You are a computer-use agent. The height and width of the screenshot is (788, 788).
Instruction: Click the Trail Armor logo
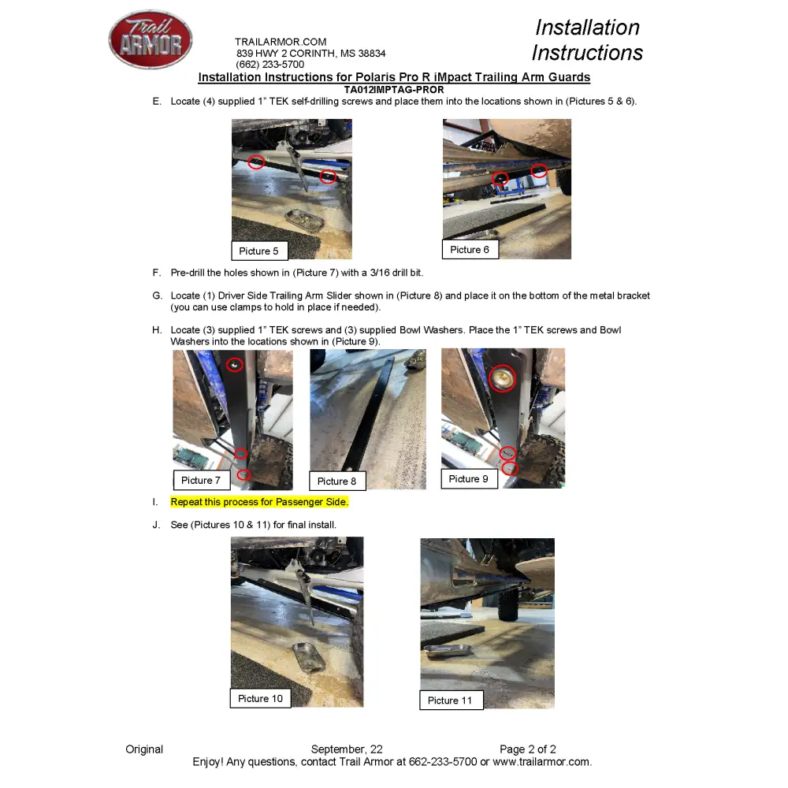(x=151, y=39)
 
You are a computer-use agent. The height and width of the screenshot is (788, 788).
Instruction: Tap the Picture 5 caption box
(x=259, y=251)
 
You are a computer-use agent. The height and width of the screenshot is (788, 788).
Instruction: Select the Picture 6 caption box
(x=470, y=249)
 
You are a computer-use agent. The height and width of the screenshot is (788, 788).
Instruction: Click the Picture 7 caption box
(x=202, y=480)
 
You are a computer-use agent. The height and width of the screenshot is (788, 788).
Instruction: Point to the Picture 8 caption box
(x=337, y=481)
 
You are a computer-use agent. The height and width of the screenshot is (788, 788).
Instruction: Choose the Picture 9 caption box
(x=469, y=478)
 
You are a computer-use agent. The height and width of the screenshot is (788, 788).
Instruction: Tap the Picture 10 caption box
(x=260, y=698)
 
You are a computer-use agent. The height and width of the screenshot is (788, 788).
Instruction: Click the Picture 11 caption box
(x=452, y=700)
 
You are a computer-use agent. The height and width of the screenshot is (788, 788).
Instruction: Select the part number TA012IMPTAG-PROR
(x=394, y=90)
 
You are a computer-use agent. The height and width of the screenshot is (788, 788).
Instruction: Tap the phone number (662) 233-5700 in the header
(x=269, y=65)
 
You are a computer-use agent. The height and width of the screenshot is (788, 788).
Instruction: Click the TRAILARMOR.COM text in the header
(x=281, y=42)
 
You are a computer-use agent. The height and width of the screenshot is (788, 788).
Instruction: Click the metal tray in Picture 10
(x=308, y=657)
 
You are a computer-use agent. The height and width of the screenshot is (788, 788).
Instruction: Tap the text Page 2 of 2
(x=528, y=749)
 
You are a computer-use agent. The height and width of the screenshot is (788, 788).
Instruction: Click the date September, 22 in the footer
(x=347, y=749)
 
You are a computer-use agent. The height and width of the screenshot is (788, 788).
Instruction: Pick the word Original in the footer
(x=144, y=749)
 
